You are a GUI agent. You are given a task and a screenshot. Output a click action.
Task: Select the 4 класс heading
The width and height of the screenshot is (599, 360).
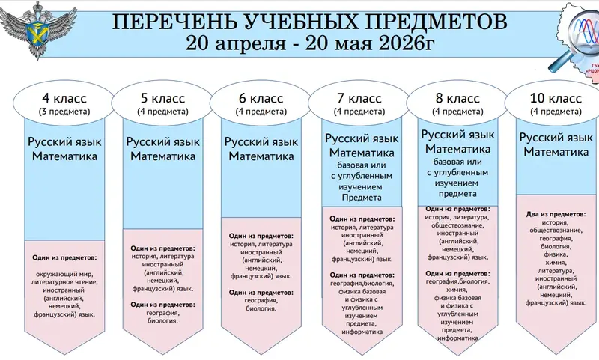point(64,98)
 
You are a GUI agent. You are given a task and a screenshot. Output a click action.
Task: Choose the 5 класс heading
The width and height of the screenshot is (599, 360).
point(162,98)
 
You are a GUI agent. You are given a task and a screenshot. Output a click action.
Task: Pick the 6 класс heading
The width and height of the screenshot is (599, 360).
point(261,98)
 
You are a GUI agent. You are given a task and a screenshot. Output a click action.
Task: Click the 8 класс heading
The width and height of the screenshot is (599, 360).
point(457,98)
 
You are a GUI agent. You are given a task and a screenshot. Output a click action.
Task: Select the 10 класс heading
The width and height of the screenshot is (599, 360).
point(556,98)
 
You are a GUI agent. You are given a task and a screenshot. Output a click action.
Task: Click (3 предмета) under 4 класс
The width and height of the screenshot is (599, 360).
point(64,112)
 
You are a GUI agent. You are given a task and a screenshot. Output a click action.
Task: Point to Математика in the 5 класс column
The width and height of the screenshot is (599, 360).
point(162,156)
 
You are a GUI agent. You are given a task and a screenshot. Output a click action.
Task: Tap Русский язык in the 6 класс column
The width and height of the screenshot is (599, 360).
point(261,141)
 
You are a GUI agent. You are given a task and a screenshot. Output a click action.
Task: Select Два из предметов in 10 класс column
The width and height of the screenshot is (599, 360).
point(556,213)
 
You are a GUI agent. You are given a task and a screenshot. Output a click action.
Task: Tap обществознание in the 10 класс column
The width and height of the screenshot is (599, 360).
point(556,231)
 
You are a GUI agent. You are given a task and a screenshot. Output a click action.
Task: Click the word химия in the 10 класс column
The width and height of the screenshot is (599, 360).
point(556,263)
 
